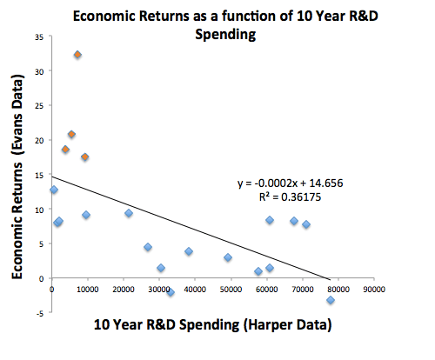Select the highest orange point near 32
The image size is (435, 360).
pos(77,55)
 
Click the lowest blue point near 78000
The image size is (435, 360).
pos(331,300)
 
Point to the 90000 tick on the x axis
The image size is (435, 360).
pos(375,290)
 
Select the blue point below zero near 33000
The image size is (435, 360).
pos(171,292)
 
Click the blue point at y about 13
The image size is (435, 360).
pos(54,190)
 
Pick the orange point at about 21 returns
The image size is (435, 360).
pos(71,135)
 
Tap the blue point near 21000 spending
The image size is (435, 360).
pos(129,213)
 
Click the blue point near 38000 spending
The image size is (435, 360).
pos(189,251)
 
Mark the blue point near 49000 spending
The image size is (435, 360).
pos(228,257)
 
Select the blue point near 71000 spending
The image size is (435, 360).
pos(306,224)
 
